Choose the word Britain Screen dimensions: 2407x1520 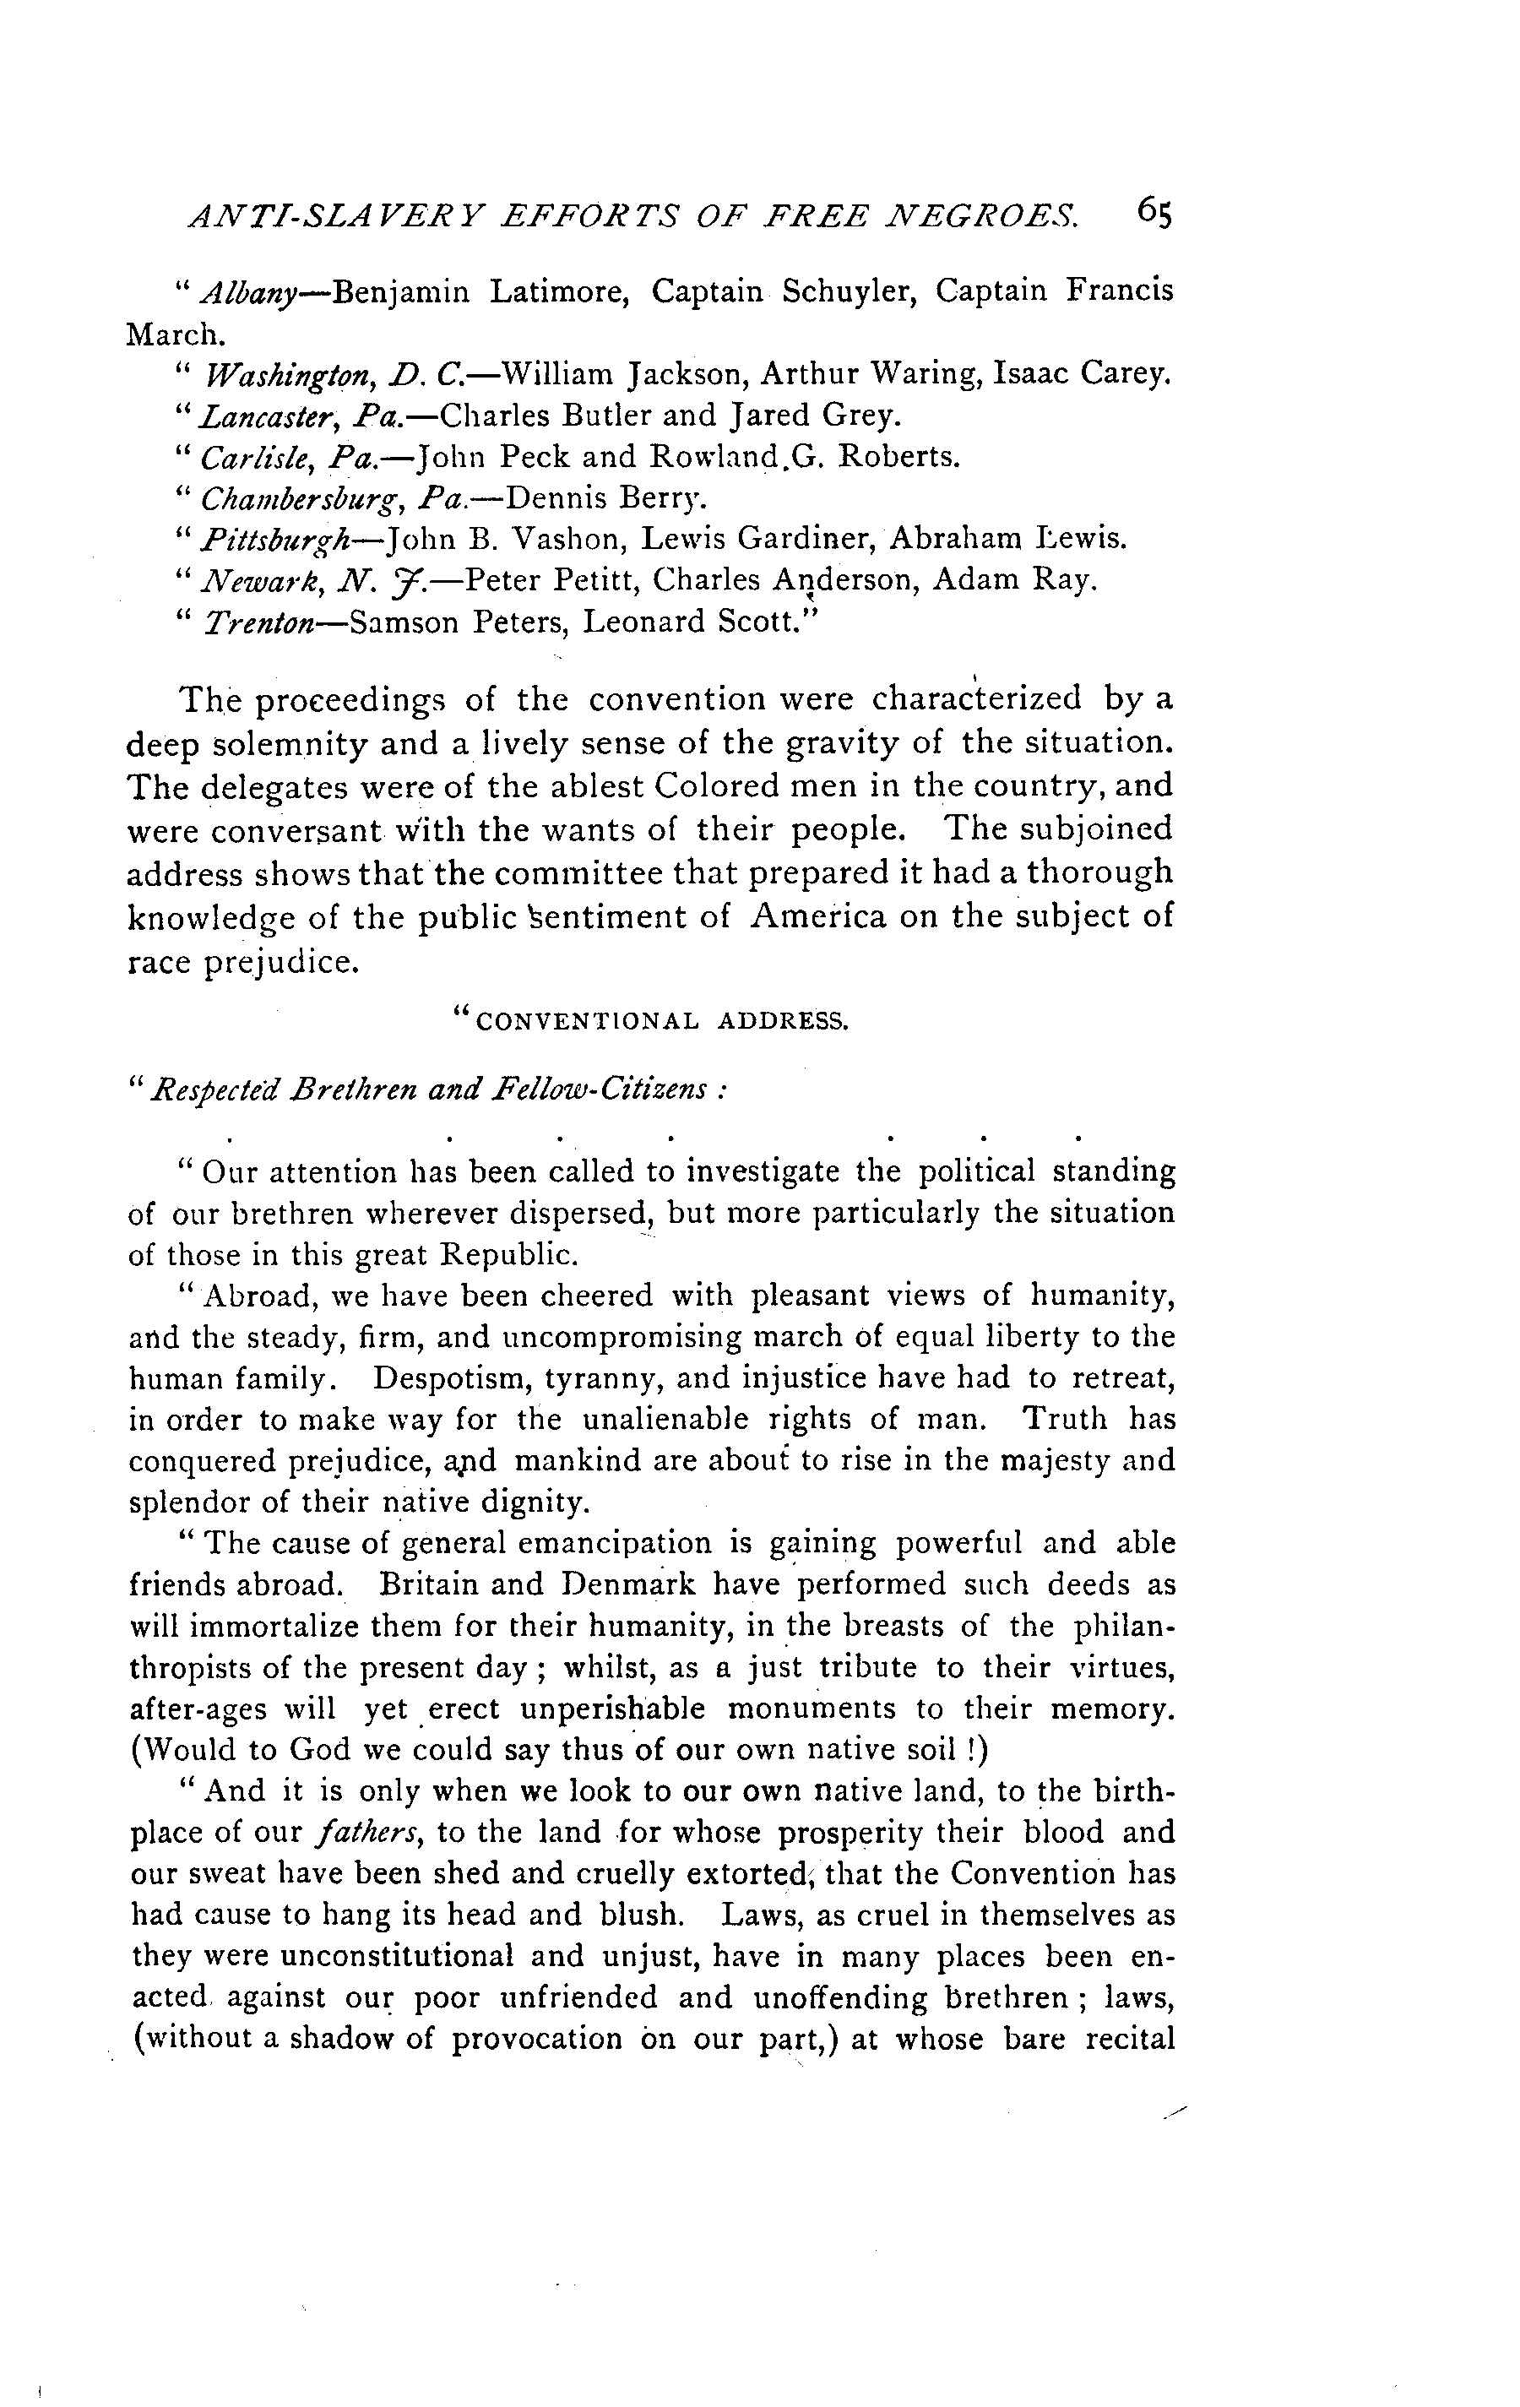[436, 1584]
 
